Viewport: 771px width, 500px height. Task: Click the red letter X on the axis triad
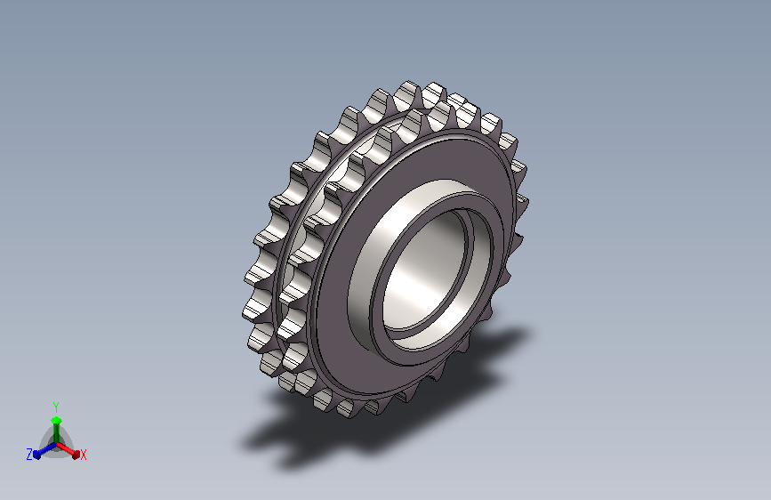(x=83, y=455)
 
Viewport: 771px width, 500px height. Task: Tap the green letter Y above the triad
(x=56, y=407)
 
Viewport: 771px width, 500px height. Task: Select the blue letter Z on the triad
(x=29, y=455)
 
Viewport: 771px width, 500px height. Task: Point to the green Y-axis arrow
(x=57, y=430)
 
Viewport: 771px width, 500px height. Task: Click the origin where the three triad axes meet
(x=57, y=444)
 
